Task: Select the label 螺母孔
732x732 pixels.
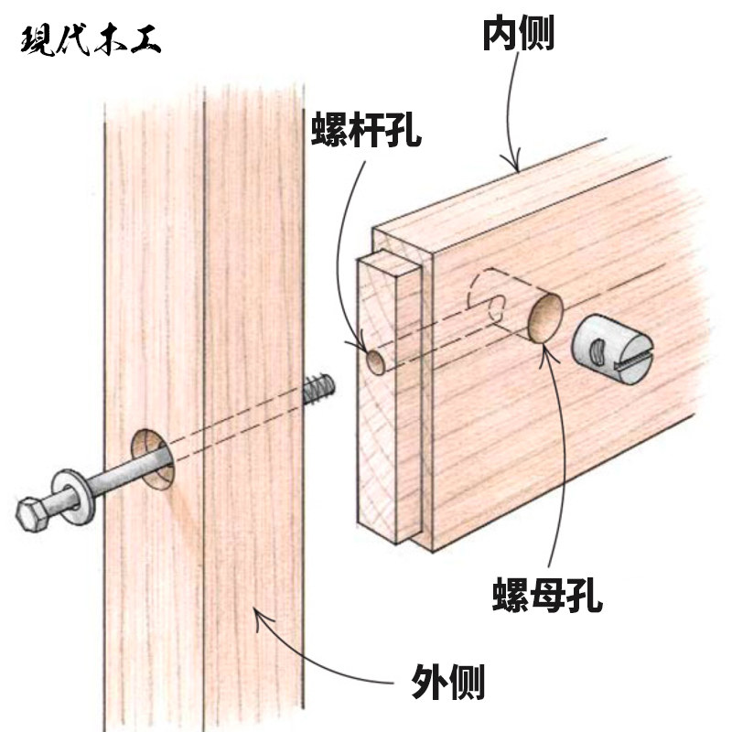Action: [x=545, y=598]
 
